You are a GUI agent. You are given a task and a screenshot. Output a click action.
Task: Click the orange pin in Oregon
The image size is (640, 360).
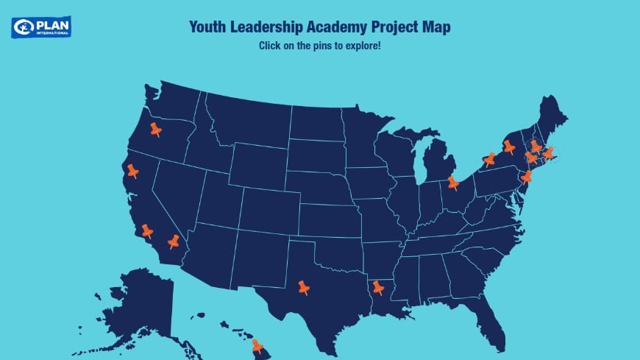[155, 129]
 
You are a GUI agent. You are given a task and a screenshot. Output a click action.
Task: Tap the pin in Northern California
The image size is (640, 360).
[132, 170]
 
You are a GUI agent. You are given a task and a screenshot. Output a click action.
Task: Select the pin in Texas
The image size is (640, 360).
[303, 286]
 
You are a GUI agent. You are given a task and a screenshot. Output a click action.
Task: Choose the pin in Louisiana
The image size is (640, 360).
[377, 286]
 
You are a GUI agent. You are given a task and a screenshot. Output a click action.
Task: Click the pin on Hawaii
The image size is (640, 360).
[257, 345]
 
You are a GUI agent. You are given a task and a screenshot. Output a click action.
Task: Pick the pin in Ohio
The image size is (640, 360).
[452, 182]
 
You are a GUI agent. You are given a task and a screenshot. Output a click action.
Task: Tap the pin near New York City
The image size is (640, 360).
[526, 176]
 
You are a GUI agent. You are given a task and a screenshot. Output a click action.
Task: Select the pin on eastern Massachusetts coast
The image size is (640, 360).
[547, 152]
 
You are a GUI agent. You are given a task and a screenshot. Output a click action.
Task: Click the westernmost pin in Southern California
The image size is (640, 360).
[146, 230]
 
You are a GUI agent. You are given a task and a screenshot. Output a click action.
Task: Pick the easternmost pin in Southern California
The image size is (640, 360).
[173, 241]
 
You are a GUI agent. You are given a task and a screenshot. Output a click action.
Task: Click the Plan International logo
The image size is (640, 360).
[41, 27]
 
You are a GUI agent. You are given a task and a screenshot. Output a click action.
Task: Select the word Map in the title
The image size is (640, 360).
[436, 27]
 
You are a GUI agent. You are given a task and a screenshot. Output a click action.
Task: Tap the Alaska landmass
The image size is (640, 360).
[140, 306]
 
